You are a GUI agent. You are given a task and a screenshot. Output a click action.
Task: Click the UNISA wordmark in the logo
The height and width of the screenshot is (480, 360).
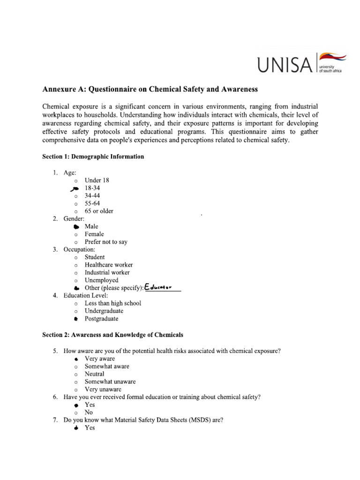285,64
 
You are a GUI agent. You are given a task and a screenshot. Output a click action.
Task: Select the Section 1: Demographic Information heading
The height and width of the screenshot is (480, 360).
93,157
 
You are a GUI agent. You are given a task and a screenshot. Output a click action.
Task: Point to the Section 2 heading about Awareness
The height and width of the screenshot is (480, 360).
112,335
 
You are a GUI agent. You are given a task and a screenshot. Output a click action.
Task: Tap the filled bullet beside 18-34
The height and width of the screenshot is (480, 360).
75,188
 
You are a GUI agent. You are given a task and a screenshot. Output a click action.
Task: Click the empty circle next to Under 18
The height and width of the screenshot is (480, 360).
76,180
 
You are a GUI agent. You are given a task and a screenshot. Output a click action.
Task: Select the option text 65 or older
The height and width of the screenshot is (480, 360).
98,211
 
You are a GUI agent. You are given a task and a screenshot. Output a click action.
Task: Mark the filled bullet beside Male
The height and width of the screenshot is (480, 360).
76,226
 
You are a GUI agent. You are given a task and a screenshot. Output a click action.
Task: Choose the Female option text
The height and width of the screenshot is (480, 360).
94,234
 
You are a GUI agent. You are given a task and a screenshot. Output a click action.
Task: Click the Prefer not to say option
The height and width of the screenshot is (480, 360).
105,242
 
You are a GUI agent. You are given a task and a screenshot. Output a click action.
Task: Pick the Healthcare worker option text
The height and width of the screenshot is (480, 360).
108,265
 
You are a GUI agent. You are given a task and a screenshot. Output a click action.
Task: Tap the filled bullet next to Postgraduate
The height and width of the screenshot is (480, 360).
76,319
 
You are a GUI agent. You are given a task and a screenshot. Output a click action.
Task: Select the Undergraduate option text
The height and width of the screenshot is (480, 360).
104,311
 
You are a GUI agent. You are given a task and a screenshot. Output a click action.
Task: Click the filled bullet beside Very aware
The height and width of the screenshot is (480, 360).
76,359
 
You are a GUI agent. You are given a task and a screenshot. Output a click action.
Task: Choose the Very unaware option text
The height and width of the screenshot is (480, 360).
103,389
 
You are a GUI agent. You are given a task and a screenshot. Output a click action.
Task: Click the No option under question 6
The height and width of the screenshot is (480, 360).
89,412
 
